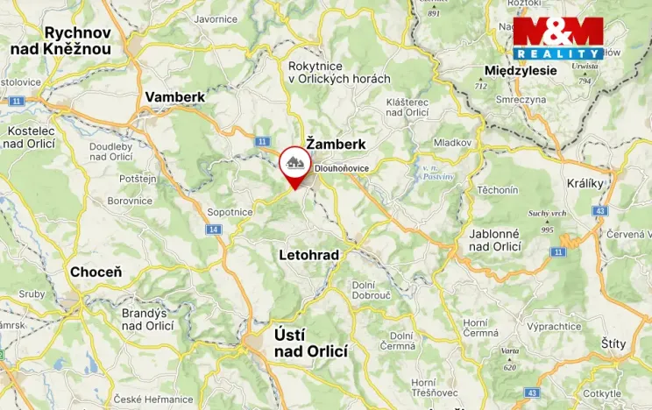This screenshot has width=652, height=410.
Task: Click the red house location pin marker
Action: coord(293,166)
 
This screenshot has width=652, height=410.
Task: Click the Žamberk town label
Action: coord(330,143)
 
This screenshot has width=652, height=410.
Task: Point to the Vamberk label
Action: coord(174,96)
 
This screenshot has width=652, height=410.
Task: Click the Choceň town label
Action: coord(96,272)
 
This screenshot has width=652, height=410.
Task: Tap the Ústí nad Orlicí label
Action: coord(310,343)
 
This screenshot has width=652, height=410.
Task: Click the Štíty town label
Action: coord(613,344)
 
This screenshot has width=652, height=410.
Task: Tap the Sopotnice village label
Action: coord(230,212)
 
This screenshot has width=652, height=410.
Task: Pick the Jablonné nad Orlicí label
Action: coord(495,240)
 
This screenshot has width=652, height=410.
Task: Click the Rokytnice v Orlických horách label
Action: coord(339,71)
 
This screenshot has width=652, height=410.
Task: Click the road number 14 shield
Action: coord(213,229)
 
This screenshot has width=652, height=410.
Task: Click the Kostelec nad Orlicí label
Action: coord(31,137)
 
